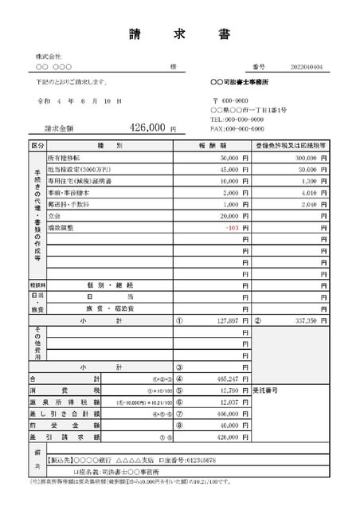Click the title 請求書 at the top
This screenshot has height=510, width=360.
pos(179,34)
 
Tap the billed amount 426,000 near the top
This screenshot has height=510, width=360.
pos(147,127)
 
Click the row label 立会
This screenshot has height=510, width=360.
pos(56,216)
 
